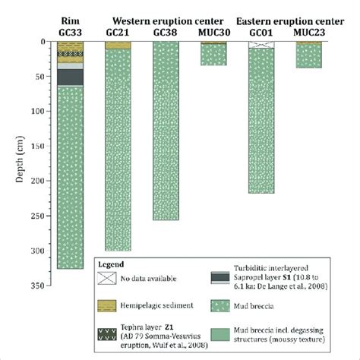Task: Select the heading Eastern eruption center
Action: tap(284, 21)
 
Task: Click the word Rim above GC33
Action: tap(70, 21)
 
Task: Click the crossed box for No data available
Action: tap(122, 280)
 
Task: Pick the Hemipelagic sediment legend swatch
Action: tap(122, 305)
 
